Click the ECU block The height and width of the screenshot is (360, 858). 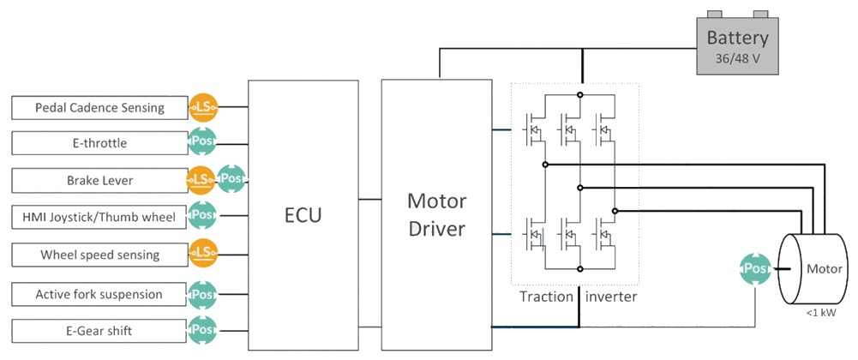click(x=303, y=214)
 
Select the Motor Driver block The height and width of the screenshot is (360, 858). click(x=436, y=214)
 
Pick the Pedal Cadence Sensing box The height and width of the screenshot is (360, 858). click(x=99, y=108)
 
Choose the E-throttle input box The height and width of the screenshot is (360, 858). click(x=99, y=143)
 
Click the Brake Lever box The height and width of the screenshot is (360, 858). click(x=99, y=180)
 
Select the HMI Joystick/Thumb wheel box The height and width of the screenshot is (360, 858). click(x=99, y=217)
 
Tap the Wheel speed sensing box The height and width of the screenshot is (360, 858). click(x=99, y=255)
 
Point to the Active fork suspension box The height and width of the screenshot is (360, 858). click(x=99, y=294)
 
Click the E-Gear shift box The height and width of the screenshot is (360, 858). click(x=99, y=329)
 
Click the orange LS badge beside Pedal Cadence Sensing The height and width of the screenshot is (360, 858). click(x=203, y=107)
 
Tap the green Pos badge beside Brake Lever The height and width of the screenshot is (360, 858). click(x=231, y=180)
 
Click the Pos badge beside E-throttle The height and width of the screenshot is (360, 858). click(x=203, y=142)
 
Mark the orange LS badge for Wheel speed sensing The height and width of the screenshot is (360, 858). click(x=203, y=254)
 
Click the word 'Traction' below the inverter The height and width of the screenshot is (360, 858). click(x=546, y=297)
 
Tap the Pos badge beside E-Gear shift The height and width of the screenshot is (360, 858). click(x=203, y=329)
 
